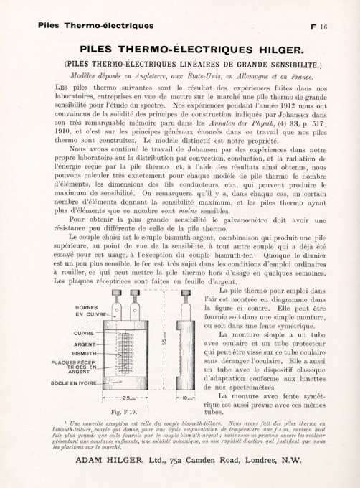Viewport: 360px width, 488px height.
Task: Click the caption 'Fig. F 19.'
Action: [127, 413]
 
